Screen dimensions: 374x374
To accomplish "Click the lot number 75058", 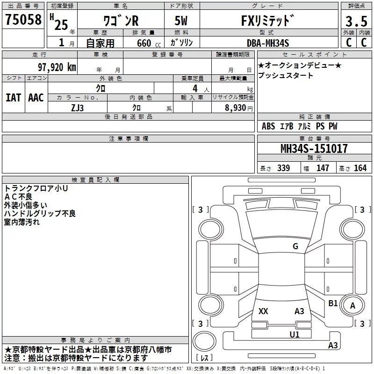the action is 23,19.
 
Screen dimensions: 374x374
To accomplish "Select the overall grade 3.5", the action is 356,21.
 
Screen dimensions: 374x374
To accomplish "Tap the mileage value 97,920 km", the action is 57,67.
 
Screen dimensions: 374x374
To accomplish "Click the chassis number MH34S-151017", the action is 314,149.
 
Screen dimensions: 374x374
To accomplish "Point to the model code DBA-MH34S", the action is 268,43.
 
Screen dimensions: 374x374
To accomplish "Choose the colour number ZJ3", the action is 77,108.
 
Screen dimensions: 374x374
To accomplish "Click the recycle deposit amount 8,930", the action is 235,108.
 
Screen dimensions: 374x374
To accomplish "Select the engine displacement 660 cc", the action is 149,43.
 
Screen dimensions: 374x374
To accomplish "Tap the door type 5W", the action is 181,21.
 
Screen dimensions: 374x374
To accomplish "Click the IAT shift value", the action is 14,98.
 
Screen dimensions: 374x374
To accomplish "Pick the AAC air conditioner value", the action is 36,98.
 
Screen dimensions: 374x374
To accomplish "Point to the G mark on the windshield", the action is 295,246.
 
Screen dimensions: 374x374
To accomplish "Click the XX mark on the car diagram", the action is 263,311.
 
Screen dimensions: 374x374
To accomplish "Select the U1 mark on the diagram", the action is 295,334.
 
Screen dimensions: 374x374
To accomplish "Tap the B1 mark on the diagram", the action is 333,303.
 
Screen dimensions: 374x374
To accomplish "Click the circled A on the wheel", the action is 352,306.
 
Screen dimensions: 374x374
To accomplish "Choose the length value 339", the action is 284,168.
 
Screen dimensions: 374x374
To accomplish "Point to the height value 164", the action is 360,168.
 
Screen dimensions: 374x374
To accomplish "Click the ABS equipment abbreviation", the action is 268,126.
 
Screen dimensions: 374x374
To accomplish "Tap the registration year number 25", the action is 61,25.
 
